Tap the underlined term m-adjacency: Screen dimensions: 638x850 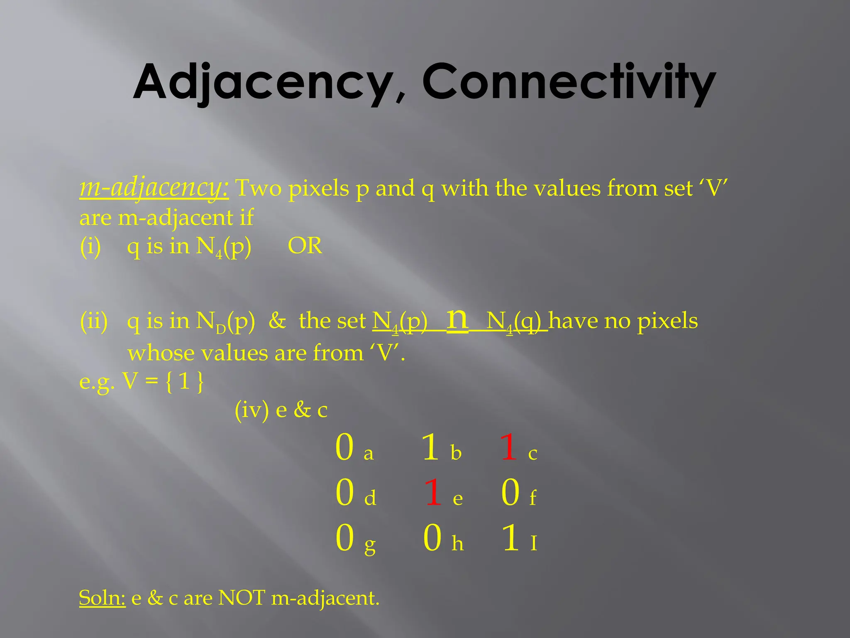154,188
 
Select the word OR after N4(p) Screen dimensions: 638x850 305,246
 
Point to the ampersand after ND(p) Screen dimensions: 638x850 277,321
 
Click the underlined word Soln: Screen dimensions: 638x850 102,598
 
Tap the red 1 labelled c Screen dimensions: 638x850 508,447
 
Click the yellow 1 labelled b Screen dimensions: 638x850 430,447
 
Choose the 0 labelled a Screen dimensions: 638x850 344,447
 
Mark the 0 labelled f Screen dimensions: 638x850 510,493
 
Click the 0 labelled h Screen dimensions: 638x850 432,538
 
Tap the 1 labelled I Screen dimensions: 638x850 510,538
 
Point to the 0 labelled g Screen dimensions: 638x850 344,538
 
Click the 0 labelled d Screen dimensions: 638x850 344,493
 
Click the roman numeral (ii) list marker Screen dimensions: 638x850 93,321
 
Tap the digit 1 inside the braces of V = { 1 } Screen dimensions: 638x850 184,381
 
